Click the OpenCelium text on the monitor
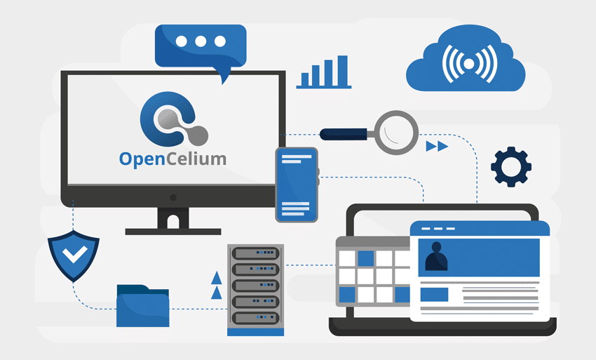click(x=172, y=159)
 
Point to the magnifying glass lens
click(x=397, y=132)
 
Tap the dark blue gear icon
click(x=511, y=166)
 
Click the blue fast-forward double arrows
click(x=437, y=146)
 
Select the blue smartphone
click(x=297, y=185)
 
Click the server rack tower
click(x=255, y=288)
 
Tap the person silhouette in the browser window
click(x=436, y=257)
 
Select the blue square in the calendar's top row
click(x=366, y=258)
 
